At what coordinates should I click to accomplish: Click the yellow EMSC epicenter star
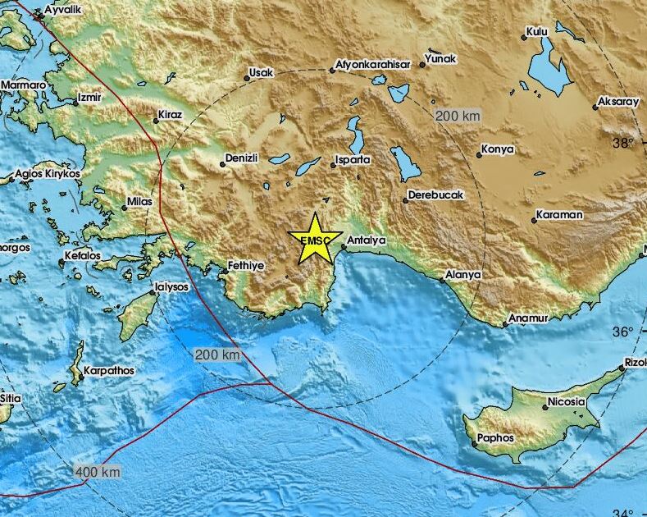pos(315,239)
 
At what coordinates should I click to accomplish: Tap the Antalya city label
pos(367,240)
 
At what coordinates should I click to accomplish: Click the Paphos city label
pos(497,438)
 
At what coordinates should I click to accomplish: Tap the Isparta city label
pos(353,159)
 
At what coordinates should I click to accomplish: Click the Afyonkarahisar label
pos(372,65)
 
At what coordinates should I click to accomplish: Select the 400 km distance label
pos(98,472)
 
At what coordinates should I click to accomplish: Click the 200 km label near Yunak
pos(458,117)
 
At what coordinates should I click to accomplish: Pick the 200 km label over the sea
pos(218,355)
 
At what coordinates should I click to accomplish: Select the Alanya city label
pos(463,275)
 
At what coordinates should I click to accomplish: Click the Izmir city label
pos(88,98)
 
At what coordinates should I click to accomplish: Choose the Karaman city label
pos(559,215)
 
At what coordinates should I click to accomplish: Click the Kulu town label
pos(537,32)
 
